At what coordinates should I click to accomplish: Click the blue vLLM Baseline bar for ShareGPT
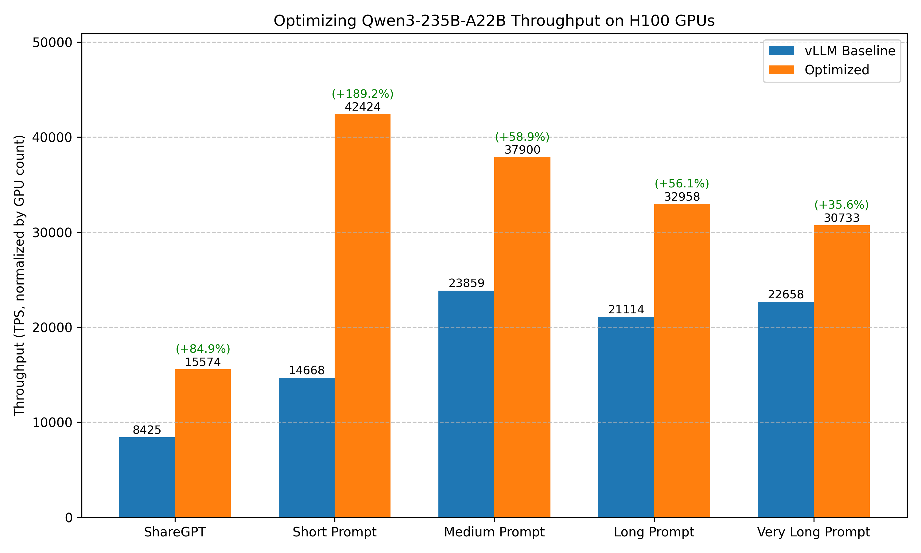pyautogui.click(x=147, y=477)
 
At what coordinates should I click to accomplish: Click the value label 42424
pyautogui.click(x=362, y=107)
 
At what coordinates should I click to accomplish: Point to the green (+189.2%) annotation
pyautogui.click(x=362, y=94)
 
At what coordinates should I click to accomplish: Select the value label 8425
pyautogui.click(x=147, y=430)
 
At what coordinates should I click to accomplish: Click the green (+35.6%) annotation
pyautogui.click(x=841, y=205)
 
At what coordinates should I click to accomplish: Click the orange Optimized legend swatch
pyautogui.click(x=781, y=70)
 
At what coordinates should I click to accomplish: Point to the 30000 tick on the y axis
pyautogui.click(x=52, y=233)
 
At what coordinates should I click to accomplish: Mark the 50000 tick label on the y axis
pyautogui.click(x=52, y=42)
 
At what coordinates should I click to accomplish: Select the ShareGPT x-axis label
pyautogui.click(x=175, y=532)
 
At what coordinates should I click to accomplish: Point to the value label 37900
pyautogui.click(x=522, y=150)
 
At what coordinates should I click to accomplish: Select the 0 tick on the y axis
pyautogui.click(x=68, y=518)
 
